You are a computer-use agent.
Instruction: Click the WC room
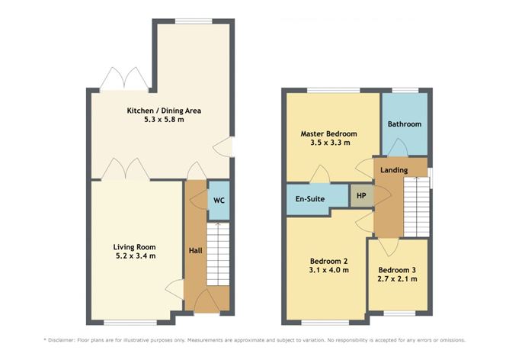pyautogui.click(x=218, y=201)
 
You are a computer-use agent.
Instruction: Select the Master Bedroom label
pyautogui.click(x=329, y=133)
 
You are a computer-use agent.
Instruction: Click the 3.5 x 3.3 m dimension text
pyautogui.click(x=329, y=143)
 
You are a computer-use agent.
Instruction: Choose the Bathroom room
pyautogui.click(x=404, y=124)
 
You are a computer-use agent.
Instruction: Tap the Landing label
pyautogui.click(x=394, y=169)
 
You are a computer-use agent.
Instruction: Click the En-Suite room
pyautogui.click(x=310, y=199)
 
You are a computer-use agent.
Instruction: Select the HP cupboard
pyautogui.click(x=360, y=195)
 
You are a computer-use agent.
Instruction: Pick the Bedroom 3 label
pyautogui.click(x=397, y=270)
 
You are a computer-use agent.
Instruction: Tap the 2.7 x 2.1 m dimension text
pyautogui.click(x=397, y=280)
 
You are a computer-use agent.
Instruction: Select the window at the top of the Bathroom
pyautogui.click(x=404, y=91)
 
